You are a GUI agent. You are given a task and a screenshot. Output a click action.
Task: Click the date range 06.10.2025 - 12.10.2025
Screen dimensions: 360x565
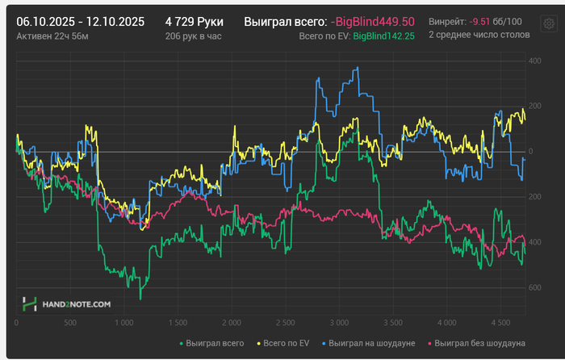click(x=81, y=22)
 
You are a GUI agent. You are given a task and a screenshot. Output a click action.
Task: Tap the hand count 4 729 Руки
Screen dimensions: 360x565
click(x=194, y=22)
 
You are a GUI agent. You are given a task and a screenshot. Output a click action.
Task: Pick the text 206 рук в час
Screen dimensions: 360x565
click(x=193, y=36)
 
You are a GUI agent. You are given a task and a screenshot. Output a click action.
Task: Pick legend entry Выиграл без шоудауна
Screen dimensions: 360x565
click(x=476, y=343)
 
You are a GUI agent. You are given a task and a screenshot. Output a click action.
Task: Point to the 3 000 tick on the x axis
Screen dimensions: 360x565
click(x=338, y=321)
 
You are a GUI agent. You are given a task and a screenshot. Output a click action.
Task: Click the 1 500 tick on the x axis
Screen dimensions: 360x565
click(x=178, y=321)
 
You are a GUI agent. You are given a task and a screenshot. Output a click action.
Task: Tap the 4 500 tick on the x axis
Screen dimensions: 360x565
click(x=499, y=321)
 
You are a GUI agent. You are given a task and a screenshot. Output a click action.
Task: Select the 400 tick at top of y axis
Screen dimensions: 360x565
click(x=534, y=61)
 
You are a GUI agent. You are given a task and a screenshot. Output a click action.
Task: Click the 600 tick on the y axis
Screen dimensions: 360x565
click(x=534, y=287)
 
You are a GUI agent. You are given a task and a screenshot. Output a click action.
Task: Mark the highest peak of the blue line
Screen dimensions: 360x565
click(x=357, y=68)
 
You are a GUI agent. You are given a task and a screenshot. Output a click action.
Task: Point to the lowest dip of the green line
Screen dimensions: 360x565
click(x=140, y=299)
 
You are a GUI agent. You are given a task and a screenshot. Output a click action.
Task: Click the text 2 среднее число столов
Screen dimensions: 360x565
click(x=479, y=36)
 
